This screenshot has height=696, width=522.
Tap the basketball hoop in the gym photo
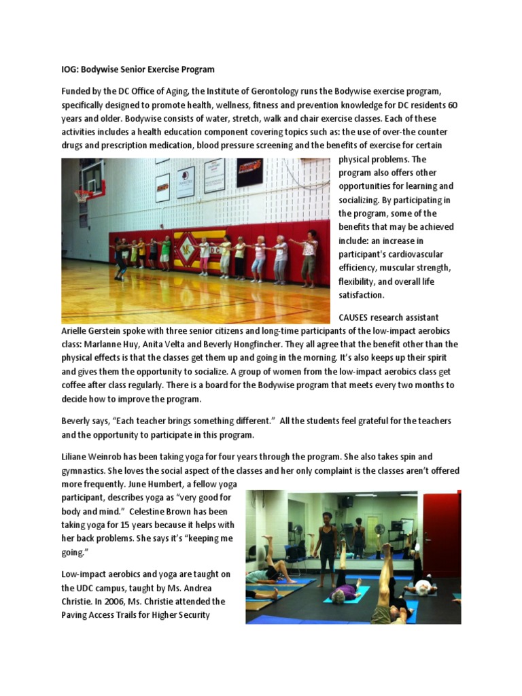pyautogui.click(x=84, y=196)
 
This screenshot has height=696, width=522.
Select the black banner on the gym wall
pyautogui.click(x=249, y=172)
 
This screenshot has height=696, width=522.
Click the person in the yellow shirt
pyautogui.click(x=134, y=252)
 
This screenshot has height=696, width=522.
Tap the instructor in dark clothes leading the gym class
pyautogui.click(x=121, y=258)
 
